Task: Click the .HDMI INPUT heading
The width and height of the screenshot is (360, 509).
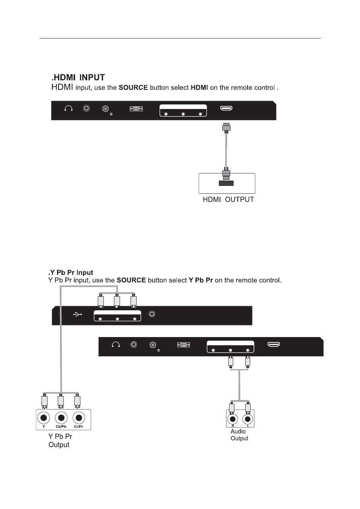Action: [78, 78]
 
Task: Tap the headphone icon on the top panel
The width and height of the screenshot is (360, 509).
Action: [68, 109]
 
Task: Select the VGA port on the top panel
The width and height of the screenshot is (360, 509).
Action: [136, 109]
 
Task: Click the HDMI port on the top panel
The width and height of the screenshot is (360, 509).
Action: [226, 109]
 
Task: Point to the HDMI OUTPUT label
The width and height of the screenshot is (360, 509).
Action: [228, 199]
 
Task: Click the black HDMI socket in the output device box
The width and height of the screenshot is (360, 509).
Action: [226, 183]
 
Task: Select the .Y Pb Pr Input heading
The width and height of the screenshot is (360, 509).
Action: [71, 273]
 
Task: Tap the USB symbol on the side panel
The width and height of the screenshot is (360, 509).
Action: [77, 314]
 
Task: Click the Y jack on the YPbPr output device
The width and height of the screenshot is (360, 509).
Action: [44, 418]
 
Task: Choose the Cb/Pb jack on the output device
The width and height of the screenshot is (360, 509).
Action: [61, 418]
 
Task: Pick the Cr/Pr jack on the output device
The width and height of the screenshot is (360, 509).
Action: [78, 418]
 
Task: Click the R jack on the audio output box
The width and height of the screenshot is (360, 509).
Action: [233, 419]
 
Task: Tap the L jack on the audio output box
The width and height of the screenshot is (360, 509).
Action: [248, 419]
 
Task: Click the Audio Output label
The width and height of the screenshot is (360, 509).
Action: [239, 435]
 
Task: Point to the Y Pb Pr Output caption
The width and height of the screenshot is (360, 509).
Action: [60, 440]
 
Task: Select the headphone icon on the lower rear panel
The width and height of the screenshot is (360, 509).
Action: [116, 345]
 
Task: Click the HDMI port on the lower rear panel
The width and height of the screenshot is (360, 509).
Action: [274, 345]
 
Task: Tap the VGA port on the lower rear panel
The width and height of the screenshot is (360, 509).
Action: [183, 345]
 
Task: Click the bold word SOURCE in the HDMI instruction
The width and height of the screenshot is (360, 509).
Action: [133, 88]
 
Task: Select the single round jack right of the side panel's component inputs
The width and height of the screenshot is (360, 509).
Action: [152, 314]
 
